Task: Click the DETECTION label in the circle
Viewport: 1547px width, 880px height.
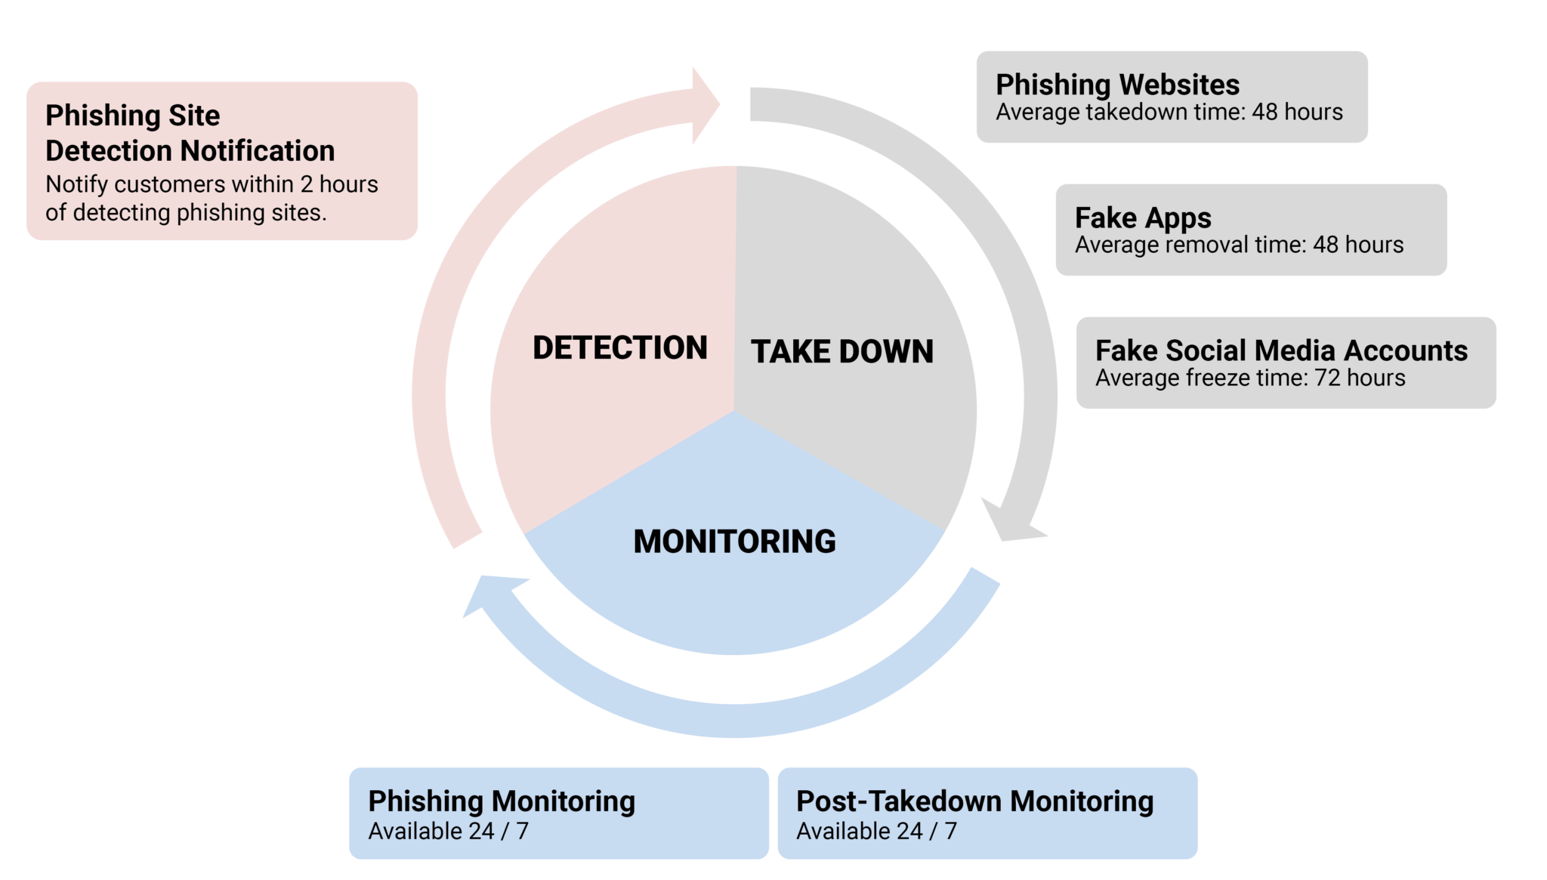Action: click(x=619, y=347)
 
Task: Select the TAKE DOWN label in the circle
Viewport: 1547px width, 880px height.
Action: click(x=841, y=351)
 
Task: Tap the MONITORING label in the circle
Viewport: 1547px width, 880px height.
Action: click(x=734, y=542)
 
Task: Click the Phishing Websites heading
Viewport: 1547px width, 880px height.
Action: click(x=1117, y=85)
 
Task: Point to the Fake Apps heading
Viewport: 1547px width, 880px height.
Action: click(x=1143, y=218)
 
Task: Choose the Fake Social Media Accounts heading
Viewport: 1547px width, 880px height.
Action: click(x=1281, y=350)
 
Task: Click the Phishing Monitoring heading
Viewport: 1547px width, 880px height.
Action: click(x=502, y=801)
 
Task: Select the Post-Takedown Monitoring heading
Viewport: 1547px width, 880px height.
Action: click(x=974, y=801)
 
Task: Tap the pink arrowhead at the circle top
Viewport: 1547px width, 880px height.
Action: click(x=706, y=105)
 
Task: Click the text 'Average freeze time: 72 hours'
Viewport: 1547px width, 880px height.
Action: click(x=1250, y=378)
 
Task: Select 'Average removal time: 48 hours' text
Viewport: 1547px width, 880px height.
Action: click(x=1239, y=245)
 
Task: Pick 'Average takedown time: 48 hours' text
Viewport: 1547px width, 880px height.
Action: click(x=1169, y=112)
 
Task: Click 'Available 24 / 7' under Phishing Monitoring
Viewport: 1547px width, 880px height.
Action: click(x=448, y=831)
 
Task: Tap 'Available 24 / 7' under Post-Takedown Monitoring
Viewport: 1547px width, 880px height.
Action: click(x=876, y=831)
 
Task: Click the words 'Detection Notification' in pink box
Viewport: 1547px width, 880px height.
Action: click(x=190, y=150)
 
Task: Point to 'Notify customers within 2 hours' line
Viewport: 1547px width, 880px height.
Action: click(x=212, y=184)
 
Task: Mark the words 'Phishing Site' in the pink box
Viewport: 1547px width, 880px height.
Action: click(x=132, y=116)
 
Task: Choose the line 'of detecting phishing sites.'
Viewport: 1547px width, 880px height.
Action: click(x=186, y=212)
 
